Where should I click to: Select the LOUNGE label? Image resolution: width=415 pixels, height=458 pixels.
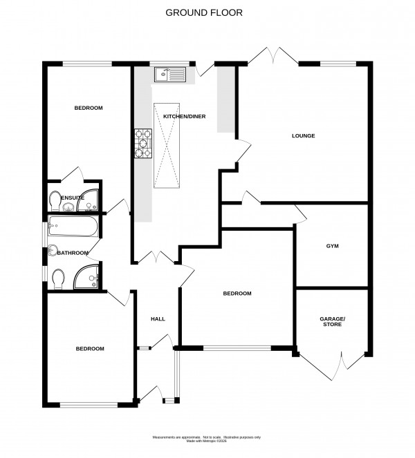(x=303, y=136)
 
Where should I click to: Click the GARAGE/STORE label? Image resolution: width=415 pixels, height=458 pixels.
(x=331, y=322)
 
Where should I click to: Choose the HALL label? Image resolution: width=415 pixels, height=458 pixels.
(x=158, y=318)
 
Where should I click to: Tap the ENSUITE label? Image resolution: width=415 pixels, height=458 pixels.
(x=73, y=198)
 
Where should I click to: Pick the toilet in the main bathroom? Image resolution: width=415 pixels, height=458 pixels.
(x=58, y=277)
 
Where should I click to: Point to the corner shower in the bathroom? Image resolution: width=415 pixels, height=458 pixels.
(x=89, y=276)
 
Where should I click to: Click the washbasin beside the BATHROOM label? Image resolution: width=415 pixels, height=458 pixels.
(x=51, y=251)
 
